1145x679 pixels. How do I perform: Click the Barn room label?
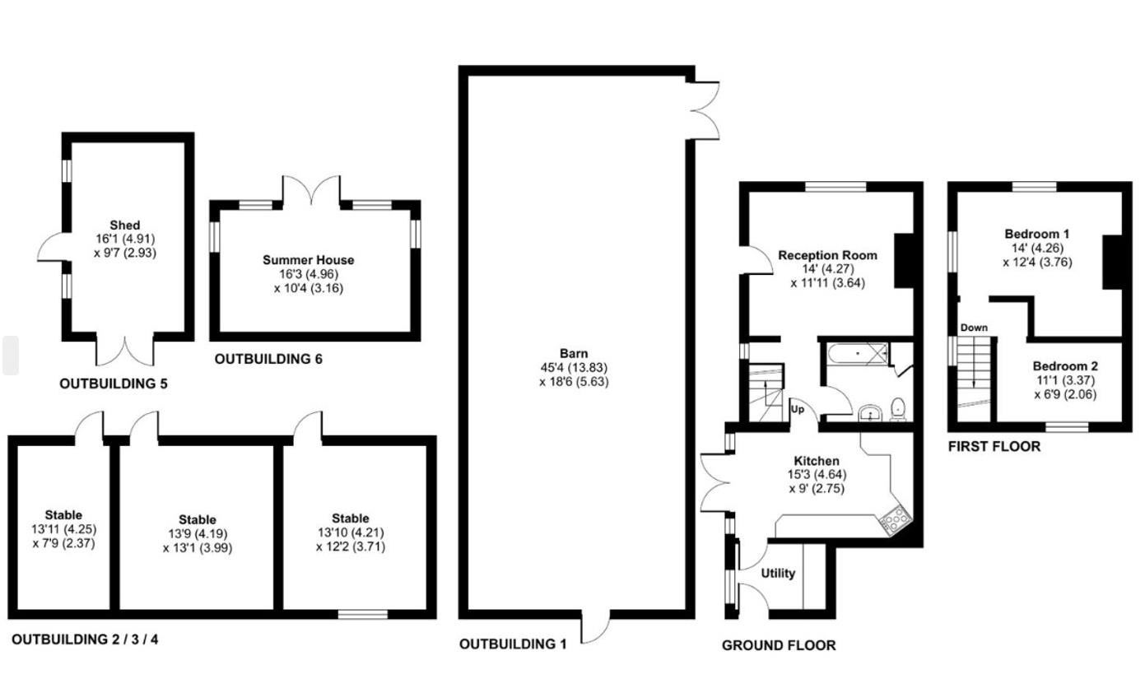tap(574, 354)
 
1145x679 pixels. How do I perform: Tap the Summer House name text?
tap(308, 260)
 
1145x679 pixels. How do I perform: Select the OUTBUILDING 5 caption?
tap(114, 384)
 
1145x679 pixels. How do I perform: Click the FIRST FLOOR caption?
tap(994, 447)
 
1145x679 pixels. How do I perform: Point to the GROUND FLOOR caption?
tap(779, 646)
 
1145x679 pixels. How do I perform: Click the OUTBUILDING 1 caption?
tap(513, 644)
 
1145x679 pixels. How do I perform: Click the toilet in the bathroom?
tap(897, 409)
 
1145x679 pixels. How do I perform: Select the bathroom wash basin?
tap(869, 413)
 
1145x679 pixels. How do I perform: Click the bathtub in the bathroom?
tap(858, 355)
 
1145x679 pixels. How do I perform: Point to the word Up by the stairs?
tap(798, 409)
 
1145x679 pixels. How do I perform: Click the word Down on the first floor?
tap(974, 328)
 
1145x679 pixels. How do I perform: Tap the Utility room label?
tap(778, 574)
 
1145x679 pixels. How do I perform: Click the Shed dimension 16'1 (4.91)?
tap(125, 239)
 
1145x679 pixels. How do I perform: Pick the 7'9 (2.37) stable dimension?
tap(64, 543)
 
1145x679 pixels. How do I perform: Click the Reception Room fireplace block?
tap(904, 261)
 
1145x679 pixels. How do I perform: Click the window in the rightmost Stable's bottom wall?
tap(363, 614)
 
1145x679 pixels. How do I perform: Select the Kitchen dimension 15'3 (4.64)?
tap(817, 475)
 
